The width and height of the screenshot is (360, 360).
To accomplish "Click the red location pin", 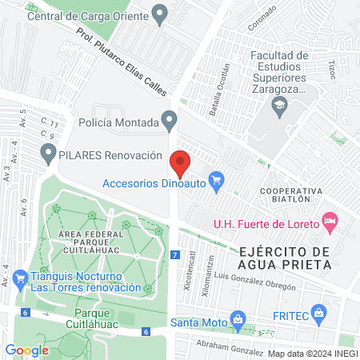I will [180, 162].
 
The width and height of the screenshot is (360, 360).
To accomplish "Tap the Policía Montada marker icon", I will [168, 121].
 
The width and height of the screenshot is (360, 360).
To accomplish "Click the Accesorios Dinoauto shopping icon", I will [215, 182].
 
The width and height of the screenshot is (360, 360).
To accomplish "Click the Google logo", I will [26, 350].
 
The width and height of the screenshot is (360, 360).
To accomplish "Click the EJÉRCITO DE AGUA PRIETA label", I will [285, 258].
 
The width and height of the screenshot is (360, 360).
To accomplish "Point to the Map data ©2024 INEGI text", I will [312, 353].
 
